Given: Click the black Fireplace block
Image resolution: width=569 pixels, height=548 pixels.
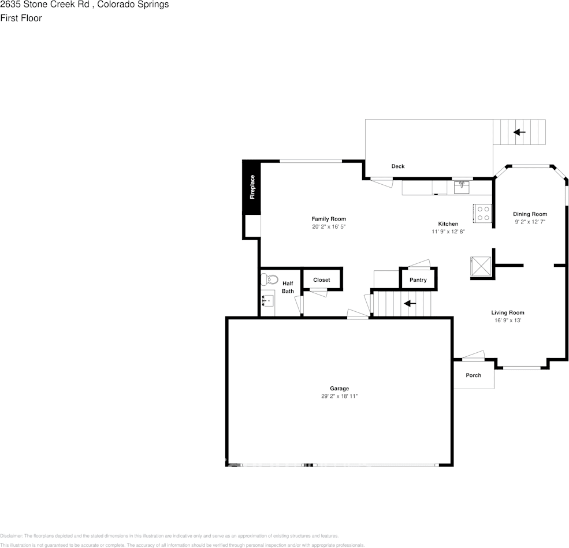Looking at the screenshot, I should pyautogui.click(x=251, y=187).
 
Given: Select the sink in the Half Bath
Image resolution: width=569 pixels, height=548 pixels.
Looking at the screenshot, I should pyautogui.click(x=267, y=301).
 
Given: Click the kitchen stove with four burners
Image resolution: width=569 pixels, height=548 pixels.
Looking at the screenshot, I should pyautogui.click(x=483, y=214).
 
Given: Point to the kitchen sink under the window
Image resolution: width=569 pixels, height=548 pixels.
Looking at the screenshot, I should pyautogui.click(x=462, y=187).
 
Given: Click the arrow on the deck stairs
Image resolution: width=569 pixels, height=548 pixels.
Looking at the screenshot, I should pyautogui.click(x=519, y=132).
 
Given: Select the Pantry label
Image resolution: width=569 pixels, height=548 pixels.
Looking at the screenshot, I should pyautogui.click(x=418, y=280).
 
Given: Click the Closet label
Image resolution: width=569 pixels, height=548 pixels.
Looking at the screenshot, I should pyautogui.click(x=322, y=279).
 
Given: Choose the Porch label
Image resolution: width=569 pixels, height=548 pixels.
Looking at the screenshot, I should pyautogui.click(x=473, y=375).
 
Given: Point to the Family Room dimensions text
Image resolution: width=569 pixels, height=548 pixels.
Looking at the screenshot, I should pyautogui.click(x=329, y=227).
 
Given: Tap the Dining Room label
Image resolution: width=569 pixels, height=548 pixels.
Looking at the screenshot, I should pyautogui.click(x=530, y=214).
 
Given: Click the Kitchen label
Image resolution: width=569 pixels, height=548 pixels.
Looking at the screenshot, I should pyautogui.click(x=448, y=223).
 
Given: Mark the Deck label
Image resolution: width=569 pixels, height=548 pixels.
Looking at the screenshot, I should pyautogui.click(x=398, y=166).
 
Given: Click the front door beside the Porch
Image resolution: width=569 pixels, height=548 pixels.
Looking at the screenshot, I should pyautogui.click(x=474, y=356).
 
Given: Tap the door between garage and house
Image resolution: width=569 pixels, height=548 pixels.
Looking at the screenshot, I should pyautogui.click(x=358, y=315).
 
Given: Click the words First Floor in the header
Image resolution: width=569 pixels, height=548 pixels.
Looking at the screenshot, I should pyautogui.click(x=21, y=18).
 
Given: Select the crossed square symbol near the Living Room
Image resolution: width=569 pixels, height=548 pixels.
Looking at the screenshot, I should pyautogui.click(x=481, y=266).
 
